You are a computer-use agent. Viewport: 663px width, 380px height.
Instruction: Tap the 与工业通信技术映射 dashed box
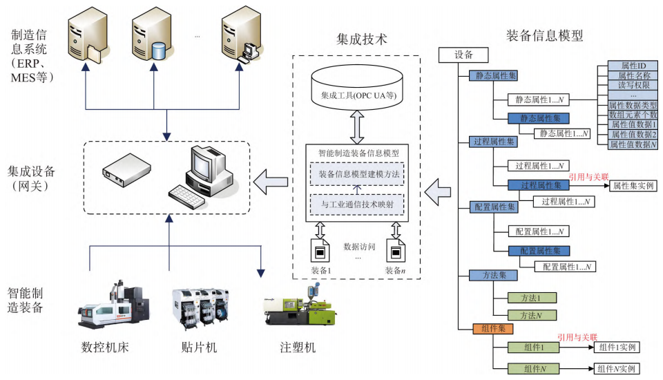(357, 205)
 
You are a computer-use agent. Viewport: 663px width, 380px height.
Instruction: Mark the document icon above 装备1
(320, 249)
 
